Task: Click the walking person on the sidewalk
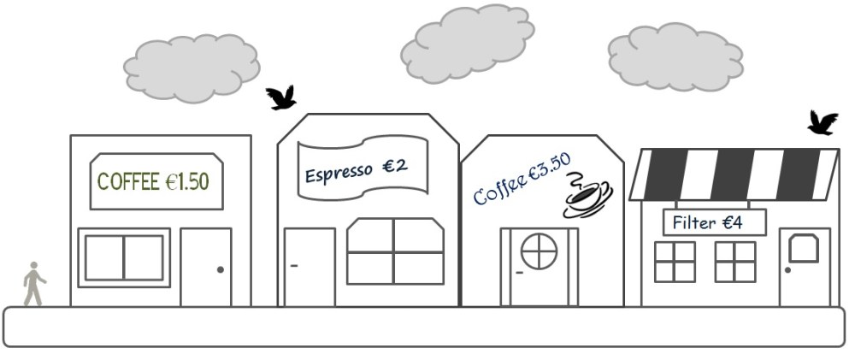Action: (x=33, y=284)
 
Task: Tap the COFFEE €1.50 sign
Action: (x=156, y=181)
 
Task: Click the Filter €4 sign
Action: (x=714, y=222)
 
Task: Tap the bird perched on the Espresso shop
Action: (x=280, y=97)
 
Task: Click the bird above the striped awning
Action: (x=823, y=123)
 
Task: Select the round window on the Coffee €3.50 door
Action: (x=539, y=251)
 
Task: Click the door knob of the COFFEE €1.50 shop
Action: (x=221, y=270)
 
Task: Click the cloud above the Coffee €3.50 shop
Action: (x=468, y=43)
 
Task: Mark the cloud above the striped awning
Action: (x=675, y=56)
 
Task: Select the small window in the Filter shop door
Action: (x=803, y=248)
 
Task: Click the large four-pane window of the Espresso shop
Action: (x=394, y=251)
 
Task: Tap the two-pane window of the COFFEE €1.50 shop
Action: (x=124, y=257)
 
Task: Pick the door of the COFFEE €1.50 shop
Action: (x=206, y=267)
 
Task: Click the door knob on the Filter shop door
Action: (x=787, y=270)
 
